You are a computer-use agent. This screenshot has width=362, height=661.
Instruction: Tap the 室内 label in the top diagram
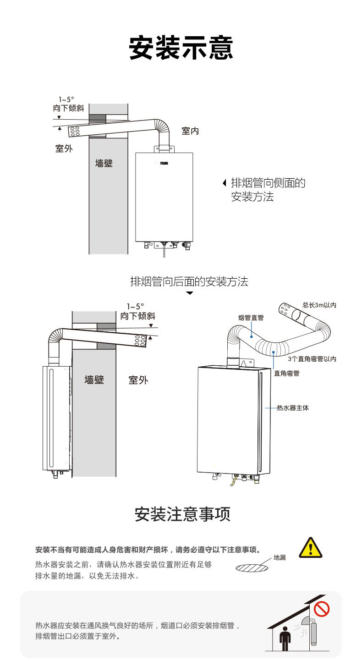tap(190, 131)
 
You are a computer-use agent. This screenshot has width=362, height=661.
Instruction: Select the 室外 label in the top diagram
tap(64, 149)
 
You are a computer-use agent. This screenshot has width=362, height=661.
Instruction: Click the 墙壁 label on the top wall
tap(104, 163)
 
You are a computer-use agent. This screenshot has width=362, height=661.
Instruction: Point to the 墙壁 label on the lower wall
tap(94, 380)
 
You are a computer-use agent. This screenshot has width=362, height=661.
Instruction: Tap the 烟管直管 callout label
tap(251, 317)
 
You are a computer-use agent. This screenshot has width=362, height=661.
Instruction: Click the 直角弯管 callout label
tap(286, 373)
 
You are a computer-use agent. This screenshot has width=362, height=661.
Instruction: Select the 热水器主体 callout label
tap(293, 408)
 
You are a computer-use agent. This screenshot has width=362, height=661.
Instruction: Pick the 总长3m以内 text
tap(319, 305)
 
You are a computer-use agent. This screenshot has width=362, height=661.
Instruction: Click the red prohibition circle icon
tap(322, 609)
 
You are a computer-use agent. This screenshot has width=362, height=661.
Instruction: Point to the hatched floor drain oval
tap(252, 568)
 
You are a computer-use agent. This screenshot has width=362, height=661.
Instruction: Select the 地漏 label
tap(280, 557)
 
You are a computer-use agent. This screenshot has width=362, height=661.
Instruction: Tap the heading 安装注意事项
tap(182, 514)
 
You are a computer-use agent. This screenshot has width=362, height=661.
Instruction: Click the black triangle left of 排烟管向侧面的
tap(224, 183)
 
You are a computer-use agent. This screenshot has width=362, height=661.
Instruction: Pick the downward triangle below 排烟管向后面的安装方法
tap(189, 292)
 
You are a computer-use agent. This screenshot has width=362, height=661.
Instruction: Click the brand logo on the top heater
tap(164, 163)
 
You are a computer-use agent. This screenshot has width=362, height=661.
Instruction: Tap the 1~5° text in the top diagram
tap(66, 99)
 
